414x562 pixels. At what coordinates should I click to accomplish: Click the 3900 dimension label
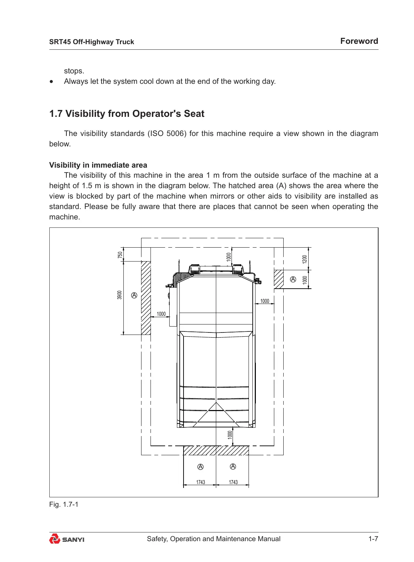120,295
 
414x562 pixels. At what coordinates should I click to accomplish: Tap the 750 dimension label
120,255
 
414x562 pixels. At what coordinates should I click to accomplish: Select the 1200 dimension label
305,259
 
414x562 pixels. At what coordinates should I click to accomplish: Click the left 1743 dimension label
201,482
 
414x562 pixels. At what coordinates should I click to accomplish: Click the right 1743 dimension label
233,482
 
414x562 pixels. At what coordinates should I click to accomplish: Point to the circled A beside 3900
134,295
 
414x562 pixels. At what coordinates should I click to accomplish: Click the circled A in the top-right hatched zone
293,279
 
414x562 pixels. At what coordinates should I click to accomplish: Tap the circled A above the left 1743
200,467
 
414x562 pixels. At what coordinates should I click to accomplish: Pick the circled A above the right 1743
233,466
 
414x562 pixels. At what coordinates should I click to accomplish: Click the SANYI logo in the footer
67,539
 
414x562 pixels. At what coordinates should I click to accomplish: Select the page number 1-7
373,539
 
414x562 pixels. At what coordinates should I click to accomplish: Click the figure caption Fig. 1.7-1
64,504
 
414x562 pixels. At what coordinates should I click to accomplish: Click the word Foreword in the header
359,41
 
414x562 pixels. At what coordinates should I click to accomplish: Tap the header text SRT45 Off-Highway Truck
91,42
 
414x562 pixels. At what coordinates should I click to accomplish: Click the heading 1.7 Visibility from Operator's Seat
127,114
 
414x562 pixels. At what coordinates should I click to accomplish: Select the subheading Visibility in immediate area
98,165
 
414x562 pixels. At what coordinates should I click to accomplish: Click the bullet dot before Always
52,82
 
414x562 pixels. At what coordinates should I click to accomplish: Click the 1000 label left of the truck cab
161,314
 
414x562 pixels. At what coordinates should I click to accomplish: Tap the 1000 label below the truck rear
230,434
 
